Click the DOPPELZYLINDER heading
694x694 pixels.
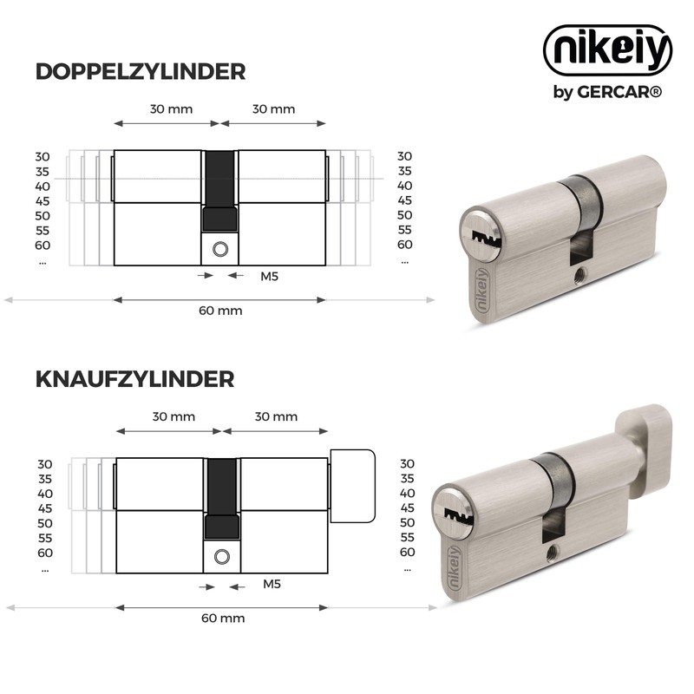tap(141, 72)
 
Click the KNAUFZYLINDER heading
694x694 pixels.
tap(135, 379)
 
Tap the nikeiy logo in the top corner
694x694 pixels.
tap(608, 50)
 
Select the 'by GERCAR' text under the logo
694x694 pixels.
tap(607, 92)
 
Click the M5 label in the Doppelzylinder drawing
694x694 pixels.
tap(269, 276)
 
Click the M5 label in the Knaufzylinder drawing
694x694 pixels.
tap(272, 584)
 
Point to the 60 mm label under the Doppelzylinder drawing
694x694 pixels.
tap(220, 311)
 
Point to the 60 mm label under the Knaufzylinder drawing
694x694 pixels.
tap(223, 619)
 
